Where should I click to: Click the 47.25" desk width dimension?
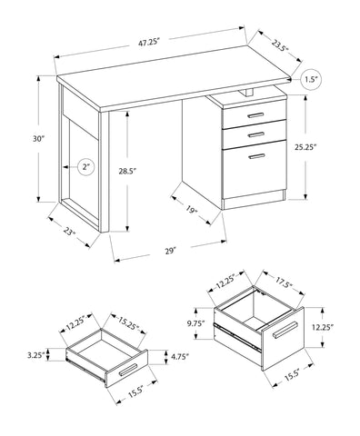pyautogui.click(x=149, y=43)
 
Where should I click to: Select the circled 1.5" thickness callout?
pyautogui.click(x=311, y=80)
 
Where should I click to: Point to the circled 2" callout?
pyautogui.click(x=86, y=167)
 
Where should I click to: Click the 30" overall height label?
pyautogui.click(x=39, y=139)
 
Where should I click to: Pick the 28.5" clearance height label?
pyautogui.click(x=127, y=172)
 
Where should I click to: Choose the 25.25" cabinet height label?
pyautogui.click(x=305, y=147)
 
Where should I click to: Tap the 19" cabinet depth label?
pyautogui.click(x=192, y=210)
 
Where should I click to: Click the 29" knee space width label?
pyautogui.click(x=171, y=251)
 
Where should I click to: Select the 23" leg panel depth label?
pyautogui.click(x=69, y=232)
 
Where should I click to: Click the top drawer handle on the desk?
pyautogui.click(x=255, y=115)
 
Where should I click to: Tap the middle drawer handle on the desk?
pyautogui.click(x=256, y=134)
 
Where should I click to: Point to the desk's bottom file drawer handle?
pyautogui.click(x=256, y=156)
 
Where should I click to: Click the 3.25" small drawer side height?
pyautogui.click(x=35, y=355)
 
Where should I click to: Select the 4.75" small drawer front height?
pyautogui.click(x=179, y=356)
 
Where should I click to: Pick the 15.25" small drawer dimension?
pyautogui.click(x=129, y=324)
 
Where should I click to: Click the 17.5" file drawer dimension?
pyautogui.click(x=284, y=283)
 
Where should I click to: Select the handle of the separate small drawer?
pyautogui.click(x=128, y=370)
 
